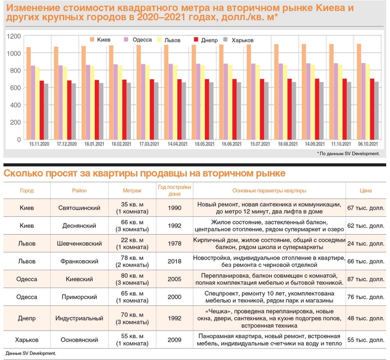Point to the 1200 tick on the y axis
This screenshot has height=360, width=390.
coord(14,36)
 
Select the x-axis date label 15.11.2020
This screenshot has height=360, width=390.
coord(40,144)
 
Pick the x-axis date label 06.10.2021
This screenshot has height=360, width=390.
coord(367,144)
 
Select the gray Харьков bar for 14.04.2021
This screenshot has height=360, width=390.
coord(184,111)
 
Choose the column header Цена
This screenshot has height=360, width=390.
coord(365,191)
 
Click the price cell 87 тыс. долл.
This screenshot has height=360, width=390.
coord(365,278)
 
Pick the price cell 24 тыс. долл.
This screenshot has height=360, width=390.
coord(365,244)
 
